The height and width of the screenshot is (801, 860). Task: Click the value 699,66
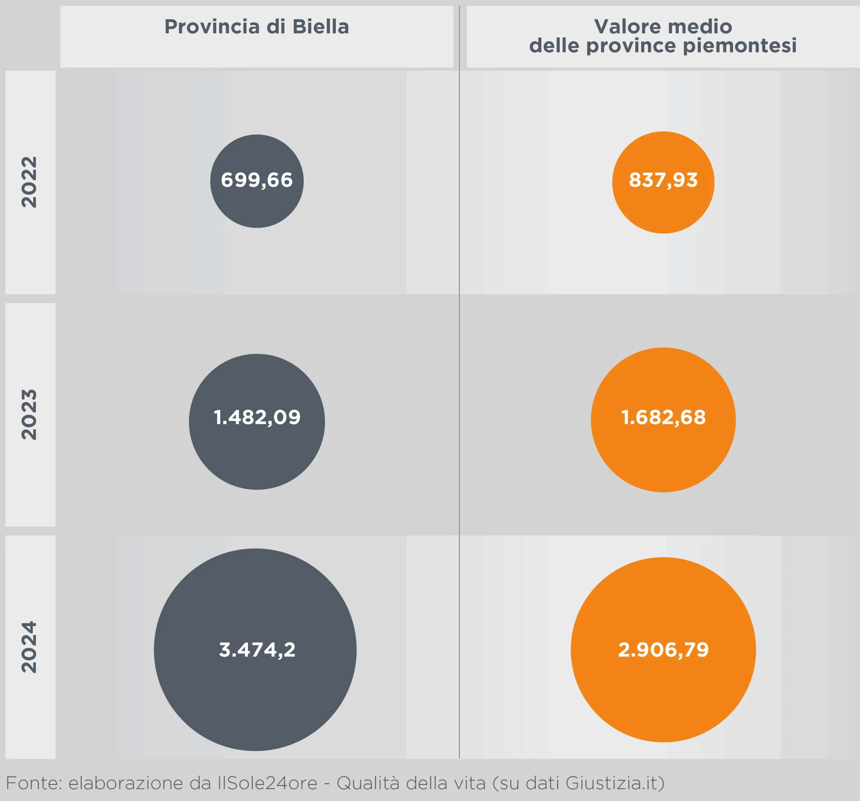257,180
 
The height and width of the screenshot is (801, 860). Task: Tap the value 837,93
663,180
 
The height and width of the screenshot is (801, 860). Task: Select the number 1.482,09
257,418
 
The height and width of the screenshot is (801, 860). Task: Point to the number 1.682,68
663,418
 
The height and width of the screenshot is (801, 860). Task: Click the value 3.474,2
257,650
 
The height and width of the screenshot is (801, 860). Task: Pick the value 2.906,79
663,650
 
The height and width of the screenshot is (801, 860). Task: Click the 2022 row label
30,182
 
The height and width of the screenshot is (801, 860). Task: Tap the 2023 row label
30,415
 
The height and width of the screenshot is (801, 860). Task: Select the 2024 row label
30,647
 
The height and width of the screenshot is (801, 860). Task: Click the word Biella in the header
320,27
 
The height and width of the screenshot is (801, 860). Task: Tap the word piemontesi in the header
739,46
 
